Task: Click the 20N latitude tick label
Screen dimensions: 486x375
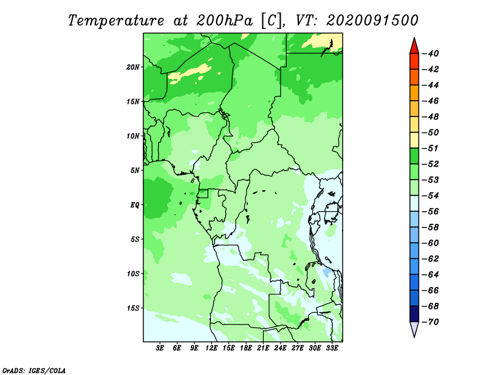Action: (133, 67)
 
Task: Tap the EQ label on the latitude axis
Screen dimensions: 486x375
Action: (134, 205)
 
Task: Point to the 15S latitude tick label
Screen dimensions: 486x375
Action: (133, 308)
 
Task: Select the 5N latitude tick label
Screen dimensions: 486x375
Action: (135, 171)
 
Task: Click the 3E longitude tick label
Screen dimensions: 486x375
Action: (160, 348)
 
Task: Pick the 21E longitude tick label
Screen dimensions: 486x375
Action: (263, 348)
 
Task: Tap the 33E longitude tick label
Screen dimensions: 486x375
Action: (332, 348)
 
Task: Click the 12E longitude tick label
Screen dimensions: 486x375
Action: (211, 348)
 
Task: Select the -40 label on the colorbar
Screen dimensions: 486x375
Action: (430, 53)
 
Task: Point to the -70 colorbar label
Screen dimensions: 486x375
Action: (430, 322)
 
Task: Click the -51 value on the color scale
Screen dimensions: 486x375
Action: (430, 148)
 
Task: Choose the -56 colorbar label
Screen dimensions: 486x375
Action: (430, 212)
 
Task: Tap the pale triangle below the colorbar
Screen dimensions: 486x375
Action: (414, 328)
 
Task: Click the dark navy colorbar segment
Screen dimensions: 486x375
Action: (414, 314)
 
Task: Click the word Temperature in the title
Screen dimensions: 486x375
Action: (116, 21)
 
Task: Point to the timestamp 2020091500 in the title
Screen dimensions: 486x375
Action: (372, 21)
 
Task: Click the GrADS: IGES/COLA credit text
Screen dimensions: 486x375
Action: (34, 371)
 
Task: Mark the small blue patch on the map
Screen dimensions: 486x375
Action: (326, 272)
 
